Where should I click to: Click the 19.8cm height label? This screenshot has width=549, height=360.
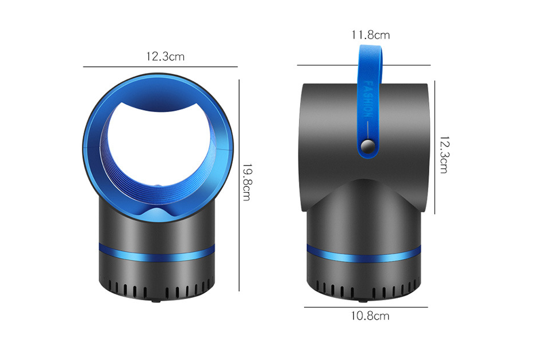click(x=247, y=182)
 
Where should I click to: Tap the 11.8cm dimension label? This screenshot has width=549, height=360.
click(x=370, y=35)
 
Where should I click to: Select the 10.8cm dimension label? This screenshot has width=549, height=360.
click(x=370, y=316)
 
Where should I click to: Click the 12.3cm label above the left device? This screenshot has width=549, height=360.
click(x=165, y=56)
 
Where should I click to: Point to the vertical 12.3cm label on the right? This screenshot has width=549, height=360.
click(x=444, y=155)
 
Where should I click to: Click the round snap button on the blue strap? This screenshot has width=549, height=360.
click(x=368, y=145)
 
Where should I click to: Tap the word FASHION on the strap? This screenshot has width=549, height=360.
click(x=368, y=99)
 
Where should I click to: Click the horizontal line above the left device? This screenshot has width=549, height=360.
click(x=160, y=67)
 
